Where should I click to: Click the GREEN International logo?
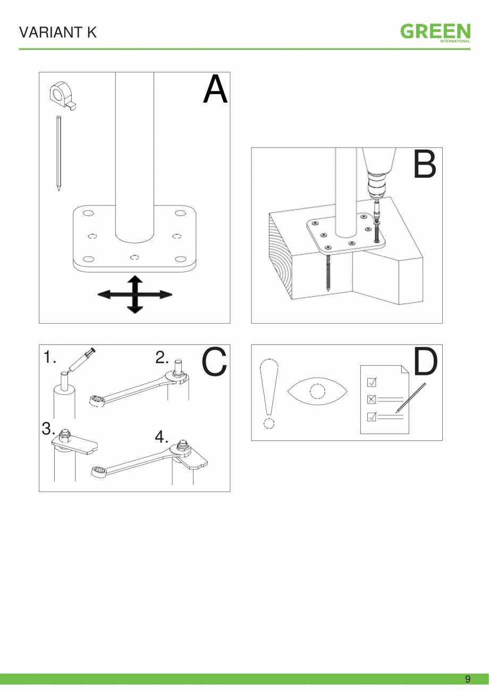[435, 33]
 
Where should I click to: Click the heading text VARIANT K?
[58, 32]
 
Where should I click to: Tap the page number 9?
[468, 679]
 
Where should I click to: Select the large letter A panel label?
[215, 89]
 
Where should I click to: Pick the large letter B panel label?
[425, 164]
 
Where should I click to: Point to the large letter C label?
[214, 361]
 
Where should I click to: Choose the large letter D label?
[425, 361]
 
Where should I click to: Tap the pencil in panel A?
[58, 153]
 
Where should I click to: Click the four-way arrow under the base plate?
[135, 294]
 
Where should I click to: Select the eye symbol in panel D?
[317, 391]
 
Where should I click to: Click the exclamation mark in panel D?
[269, 393]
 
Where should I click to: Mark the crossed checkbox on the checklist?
[372, 399]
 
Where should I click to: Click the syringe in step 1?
[81, 360]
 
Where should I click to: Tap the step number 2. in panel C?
[162, 357]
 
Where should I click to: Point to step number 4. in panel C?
[162, 437]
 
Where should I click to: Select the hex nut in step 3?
[65, 435]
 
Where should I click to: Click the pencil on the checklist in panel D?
[411, 398]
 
